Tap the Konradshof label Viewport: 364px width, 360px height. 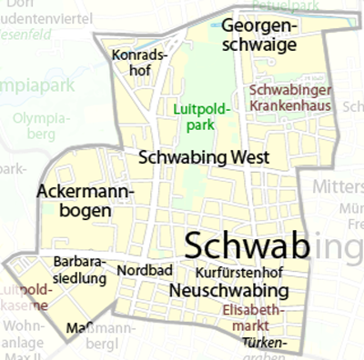(139, 63)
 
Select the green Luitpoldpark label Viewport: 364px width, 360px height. (202, 117)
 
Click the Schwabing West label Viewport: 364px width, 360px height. (203, 157)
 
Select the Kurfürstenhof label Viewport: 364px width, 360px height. (239, 272)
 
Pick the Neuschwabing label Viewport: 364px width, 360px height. (229, 291)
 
